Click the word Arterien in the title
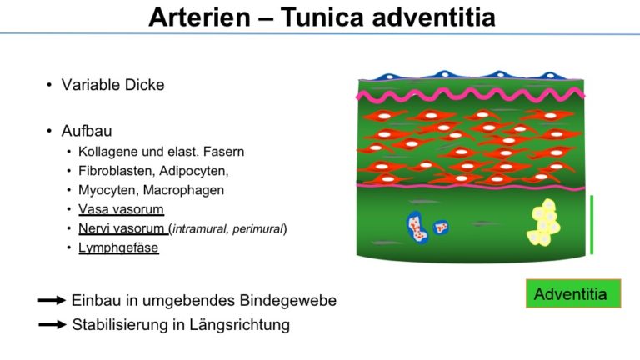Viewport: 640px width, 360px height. [199, 17]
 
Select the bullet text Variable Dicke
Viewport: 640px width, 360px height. [113, 85]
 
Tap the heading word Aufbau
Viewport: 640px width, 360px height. [87, 131]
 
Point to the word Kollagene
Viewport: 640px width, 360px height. [108, 152]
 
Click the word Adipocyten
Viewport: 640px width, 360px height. [194, 171]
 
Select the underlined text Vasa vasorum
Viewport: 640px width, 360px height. [121, 209]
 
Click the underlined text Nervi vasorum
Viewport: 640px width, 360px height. [122, 228]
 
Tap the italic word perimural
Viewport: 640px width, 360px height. [257, 229]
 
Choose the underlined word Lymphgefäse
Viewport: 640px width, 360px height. [118, 247]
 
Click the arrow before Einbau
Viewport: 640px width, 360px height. [52, 300]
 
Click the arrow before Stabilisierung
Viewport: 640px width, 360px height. [52, 325]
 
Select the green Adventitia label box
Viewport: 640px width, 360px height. [573, 293]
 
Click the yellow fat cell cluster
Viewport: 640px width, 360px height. [543, 222]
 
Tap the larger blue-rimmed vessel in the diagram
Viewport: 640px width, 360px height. [417, 227]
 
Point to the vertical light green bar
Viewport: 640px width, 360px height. [592, 225]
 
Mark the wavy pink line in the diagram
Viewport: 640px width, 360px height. [471, 96]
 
